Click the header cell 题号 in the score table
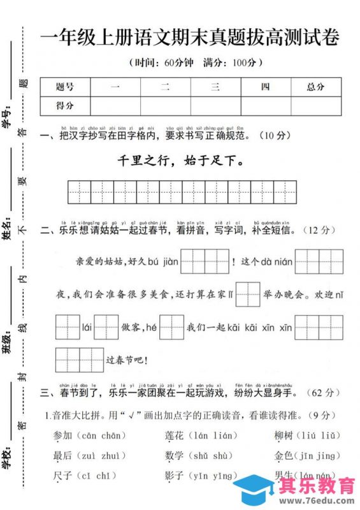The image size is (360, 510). click(x=65, y=87)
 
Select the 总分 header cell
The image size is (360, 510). click(x=315, y=87)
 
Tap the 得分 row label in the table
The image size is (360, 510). click(x=65, y=105)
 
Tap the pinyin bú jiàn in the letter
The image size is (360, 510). click(x=161, y=262)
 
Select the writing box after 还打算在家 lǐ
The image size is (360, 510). click(x=248, y=295)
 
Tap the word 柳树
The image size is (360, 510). click(x=284, y=435)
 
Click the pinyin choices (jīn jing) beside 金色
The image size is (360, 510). click(x=317, y=455)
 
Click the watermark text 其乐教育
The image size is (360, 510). click(x=317, y=486)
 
